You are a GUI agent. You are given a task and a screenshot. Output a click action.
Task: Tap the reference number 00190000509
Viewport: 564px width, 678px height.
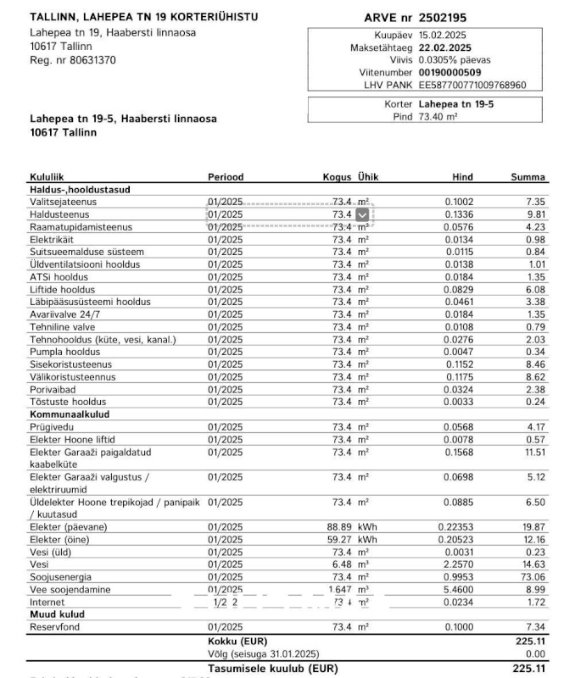450,73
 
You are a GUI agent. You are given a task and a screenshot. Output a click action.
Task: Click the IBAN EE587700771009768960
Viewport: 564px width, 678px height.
472,86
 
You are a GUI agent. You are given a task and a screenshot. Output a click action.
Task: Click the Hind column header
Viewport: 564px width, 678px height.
463,177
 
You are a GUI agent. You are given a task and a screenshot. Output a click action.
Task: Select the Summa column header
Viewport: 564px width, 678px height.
528,177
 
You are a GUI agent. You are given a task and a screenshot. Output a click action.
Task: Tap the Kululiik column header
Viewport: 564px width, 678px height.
47,177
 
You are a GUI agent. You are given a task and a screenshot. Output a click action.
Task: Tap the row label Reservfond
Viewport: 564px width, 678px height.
54,626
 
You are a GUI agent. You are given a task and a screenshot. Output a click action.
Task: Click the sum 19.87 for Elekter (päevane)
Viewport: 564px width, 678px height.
533,527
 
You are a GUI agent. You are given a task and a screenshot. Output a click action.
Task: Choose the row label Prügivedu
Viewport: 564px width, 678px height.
52,427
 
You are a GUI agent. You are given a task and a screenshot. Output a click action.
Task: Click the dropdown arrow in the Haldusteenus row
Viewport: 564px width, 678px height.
363,214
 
